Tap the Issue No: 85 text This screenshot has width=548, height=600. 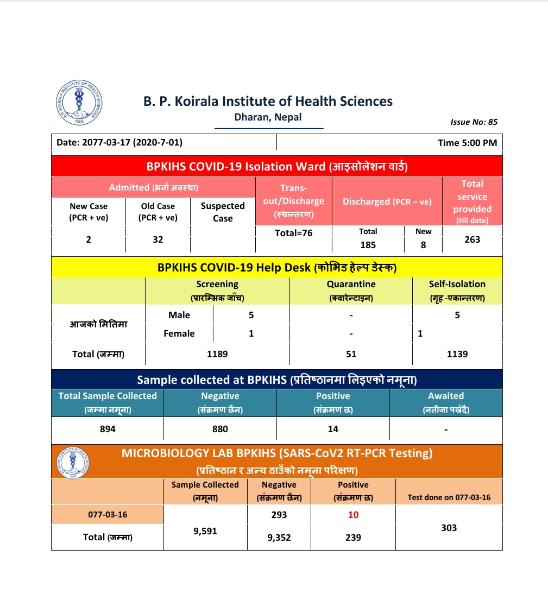[474, 122]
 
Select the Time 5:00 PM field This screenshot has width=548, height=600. [467, 143]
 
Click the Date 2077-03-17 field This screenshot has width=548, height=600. [119, 143]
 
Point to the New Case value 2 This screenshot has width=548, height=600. [89, 239]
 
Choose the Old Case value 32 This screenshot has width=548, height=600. [158, 239]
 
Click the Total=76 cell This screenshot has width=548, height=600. [293, 232]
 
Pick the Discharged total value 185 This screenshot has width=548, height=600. [368, 245]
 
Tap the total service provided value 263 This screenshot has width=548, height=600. [472, 239]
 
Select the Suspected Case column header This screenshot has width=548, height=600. [223, 212]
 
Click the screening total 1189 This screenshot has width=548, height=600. [217, 354]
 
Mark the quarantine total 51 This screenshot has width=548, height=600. [351, 354]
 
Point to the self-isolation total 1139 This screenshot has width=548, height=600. [457, 354]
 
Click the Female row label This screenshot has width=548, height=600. [179, 333]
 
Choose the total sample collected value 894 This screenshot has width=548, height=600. [108, 429]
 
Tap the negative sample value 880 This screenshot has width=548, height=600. [220, 429]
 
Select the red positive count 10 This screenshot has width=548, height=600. [353, 515]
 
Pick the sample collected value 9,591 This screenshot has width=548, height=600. [205, 532]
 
